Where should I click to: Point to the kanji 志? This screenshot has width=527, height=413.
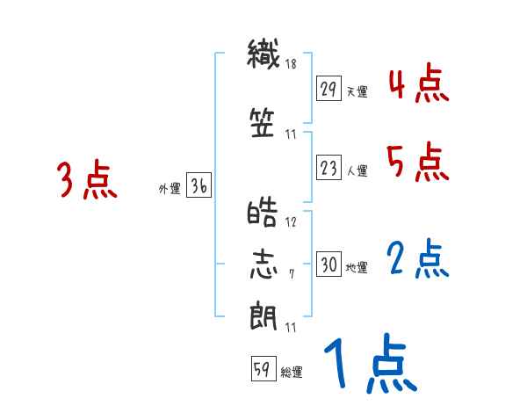coord(263,264)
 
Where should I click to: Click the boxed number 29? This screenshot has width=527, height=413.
coord(328,90)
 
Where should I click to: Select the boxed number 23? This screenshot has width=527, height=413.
coord(328,169)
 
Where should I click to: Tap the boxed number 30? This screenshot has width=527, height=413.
coord(328,265)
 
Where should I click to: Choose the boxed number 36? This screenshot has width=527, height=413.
coord(199,187)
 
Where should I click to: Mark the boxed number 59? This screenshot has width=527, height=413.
coord(261,370)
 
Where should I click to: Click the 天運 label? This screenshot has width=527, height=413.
coord(357,91)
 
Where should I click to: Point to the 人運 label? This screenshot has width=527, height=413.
coord(357,170)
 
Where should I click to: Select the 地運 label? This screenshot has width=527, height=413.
coord(357,267)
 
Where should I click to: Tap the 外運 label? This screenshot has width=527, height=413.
coord(170,189)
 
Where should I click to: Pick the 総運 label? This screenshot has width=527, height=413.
coord(292,372)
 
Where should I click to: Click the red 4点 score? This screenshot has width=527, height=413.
coord(417,84)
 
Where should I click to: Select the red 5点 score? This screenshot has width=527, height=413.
coord(417,162)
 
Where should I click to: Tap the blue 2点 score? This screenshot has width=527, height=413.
coord(417,258)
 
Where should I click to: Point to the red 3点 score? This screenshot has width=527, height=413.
coord(87,181)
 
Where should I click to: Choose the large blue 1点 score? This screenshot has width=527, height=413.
coord(369,365)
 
